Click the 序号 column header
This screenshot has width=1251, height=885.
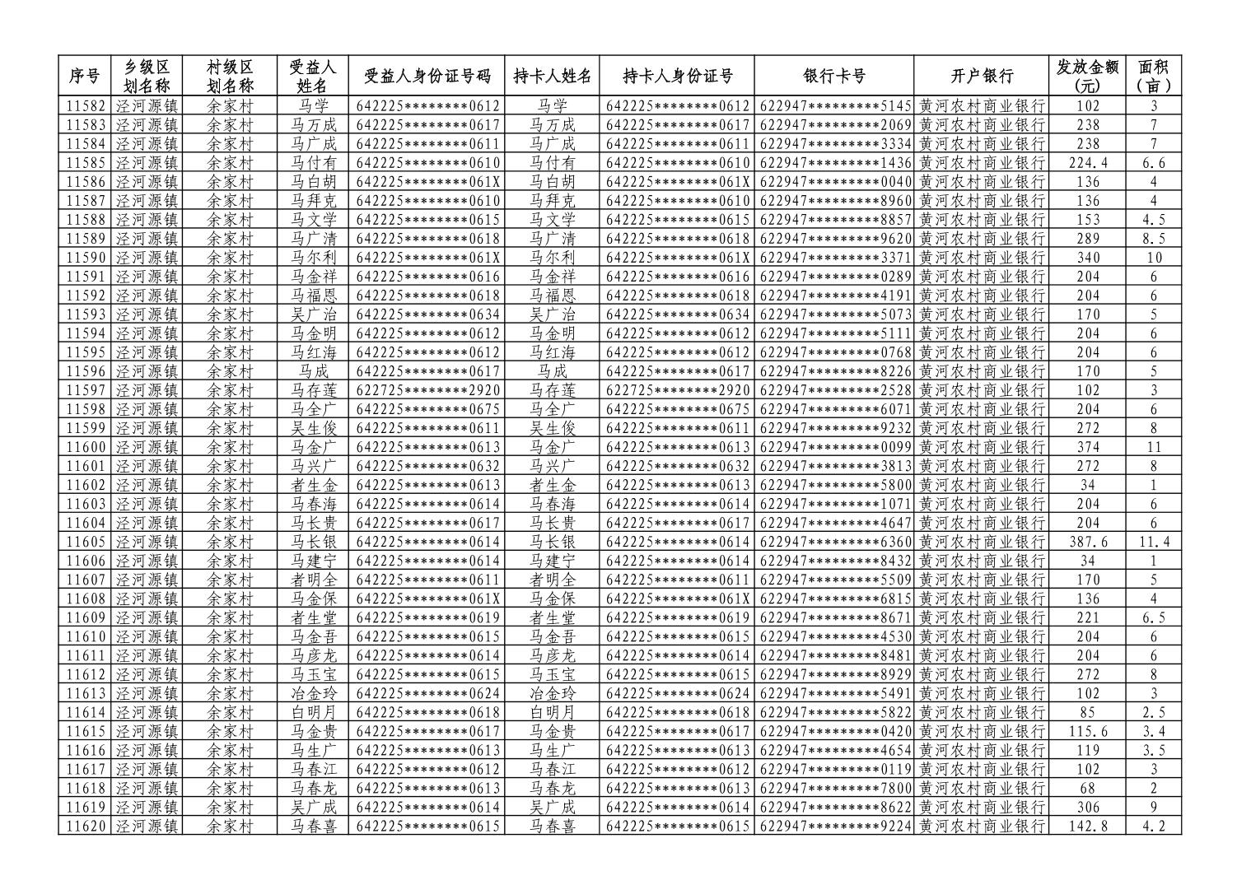coord(84,76)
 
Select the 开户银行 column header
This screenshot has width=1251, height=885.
coord(981,76)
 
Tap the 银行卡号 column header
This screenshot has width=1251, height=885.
coord(833,76)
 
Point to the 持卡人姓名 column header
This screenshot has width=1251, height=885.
coord(552,76)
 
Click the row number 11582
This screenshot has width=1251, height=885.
coord(86,106)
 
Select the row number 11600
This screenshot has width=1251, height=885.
coord(86,447)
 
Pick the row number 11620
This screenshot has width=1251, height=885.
coord(86,826)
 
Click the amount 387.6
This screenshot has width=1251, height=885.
coord(1088,542)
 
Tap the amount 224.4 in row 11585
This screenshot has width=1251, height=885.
coord(1088,163)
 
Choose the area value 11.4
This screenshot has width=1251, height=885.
coord(1154,542)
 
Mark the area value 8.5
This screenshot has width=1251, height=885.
coord(1154,239)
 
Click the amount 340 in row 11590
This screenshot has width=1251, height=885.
coord(1088,258)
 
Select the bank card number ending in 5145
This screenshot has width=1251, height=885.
coord(835,106)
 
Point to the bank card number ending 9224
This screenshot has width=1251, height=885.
coord(835,826)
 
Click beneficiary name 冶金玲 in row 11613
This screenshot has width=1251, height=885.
coord(313,693)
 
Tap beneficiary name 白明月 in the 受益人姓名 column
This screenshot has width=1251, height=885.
coord(313,712)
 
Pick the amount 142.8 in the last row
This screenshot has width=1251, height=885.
coord(1088,826)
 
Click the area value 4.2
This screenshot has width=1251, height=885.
coord(1154,826)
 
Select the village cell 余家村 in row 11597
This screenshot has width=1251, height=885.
coord(229,390)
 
